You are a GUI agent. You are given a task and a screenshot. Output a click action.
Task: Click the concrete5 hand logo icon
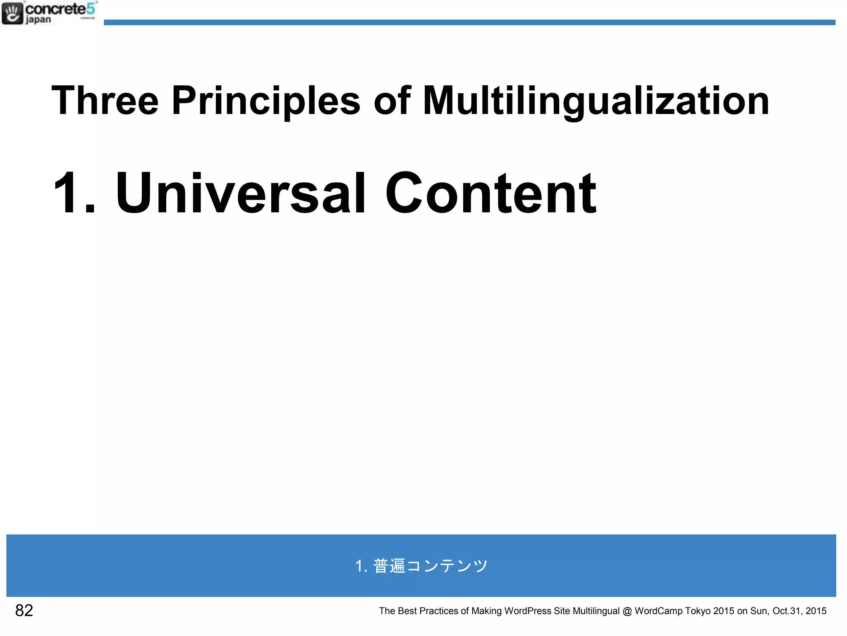click(x=12, y=13)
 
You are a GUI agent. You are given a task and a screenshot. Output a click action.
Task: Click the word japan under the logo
click(x=38, y=20)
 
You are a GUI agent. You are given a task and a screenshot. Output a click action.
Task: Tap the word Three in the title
click(x=105, y=100)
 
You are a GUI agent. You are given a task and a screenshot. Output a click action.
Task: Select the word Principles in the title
click(x=266, y=100)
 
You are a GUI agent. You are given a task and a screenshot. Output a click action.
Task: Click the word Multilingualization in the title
click(x=596, y=100)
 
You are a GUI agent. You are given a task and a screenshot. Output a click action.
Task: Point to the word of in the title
click(x=391, y=100)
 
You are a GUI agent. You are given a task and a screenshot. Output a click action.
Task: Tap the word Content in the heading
click(x=490, y=193)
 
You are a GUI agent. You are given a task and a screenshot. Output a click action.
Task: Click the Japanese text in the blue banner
click(x=421, y=566)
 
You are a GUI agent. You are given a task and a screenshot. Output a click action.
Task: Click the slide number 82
click(x=24, y=610)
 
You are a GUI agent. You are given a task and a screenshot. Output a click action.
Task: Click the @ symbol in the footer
click(x=627, y=611)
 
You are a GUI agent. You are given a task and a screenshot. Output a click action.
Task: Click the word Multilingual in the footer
click(x=596, y=611)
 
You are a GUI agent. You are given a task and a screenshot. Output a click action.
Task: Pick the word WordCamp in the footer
click(x=658, y=611)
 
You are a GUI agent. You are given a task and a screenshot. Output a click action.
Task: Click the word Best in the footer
click(x=407, y=611)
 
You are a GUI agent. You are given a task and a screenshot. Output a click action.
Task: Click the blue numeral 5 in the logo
click(x=91, y=8)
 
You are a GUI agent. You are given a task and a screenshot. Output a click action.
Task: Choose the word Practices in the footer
click(x=438, y=611)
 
